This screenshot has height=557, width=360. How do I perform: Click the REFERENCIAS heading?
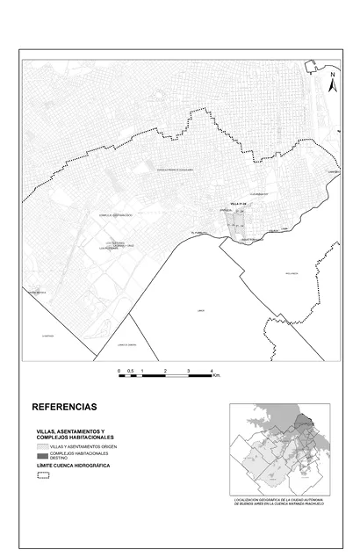(64, 408)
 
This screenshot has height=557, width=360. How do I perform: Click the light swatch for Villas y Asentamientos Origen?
(41, 446)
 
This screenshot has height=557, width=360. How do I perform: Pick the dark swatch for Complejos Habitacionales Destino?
(41, 456)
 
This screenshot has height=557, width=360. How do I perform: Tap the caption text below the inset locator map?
(279, 503)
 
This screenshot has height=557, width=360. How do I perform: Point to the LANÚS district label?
(201, 310)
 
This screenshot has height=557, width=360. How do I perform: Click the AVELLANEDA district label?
(292, 274)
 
